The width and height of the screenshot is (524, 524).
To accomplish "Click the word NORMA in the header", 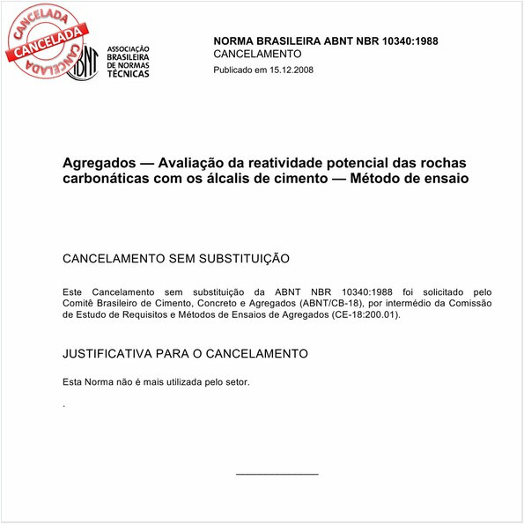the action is [x=236, y=41].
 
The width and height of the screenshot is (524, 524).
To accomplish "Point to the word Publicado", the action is [x=235, y=70].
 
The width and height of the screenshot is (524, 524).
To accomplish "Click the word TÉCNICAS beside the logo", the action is [x=127, y=74].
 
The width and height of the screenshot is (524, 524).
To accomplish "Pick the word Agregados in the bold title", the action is [x=98, y=164].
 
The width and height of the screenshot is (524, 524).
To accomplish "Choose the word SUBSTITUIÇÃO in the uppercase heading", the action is [x=237, y=259].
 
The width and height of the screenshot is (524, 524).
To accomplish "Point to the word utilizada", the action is [x=187, y=381].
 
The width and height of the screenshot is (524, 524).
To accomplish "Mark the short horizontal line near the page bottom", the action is [x=277, y=475].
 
